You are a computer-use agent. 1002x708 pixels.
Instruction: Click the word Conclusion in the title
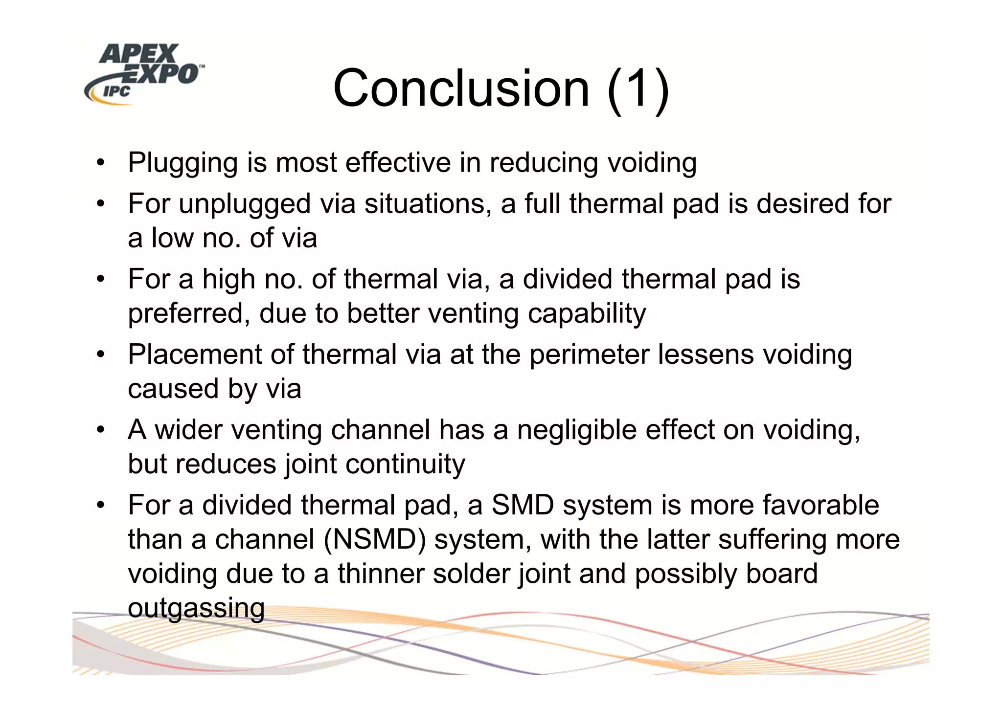tap(461, 88)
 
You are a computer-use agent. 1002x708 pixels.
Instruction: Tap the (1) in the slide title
tap(638, 88)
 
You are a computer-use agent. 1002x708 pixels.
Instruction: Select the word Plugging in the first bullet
tap(182, 163)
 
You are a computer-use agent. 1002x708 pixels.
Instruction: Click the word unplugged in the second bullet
tap(245, 204)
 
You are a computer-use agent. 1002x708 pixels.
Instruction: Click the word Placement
tap(195, 354)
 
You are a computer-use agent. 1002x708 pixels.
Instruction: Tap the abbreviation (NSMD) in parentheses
tap(374, 540)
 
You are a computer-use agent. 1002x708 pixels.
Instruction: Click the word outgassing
tap(196, 609)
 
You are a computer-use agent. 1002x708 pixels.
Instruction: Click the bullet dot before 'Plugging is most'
tap(101, 163)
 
